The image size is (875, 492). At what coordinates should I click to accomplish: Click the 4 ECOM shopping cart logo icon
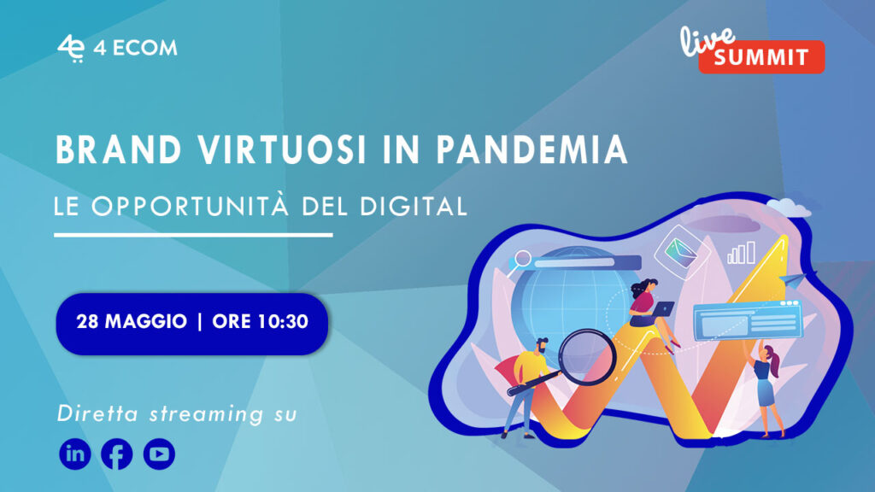click(x=71, y=49)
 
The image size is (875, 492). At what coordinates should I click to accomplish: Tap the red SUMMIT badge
click(x=761, y=57)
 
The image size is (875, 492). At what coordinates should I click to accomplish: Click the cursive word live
click(x=707, y=40)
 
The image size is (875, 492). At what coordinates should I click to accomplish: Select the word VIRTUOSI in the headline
click(x=282, y=149)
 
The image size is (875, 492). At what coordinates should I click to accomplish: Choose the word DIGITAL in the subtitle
click(x=414, y=206)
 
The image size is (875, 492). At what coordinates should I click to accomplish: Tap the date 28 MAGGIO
click(x=132, y=322)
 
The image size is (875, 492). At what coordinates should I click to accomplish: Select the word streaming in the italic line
click(x=207, y=414)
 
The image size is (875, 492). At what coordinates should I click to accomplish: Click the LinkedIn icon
click(x=75, y=454)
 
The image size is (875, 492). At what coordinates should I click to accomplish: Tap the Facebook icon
click(x=116, y=454)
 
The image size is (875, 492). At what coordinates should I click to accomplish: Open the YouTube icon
click(x=159, y=454)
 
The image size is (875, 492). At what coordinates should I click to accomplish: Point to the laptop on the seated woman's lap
click(x=662, y=309)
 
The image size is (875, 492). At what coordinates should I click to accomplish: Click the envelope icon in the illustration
click(x=680, y=252)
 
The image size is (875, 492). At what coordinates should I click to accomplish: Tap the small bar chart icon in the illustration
click(x=742, y=253)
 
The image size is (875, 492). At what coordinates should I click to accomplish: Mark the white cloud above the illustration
click(x=789, y=208)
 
